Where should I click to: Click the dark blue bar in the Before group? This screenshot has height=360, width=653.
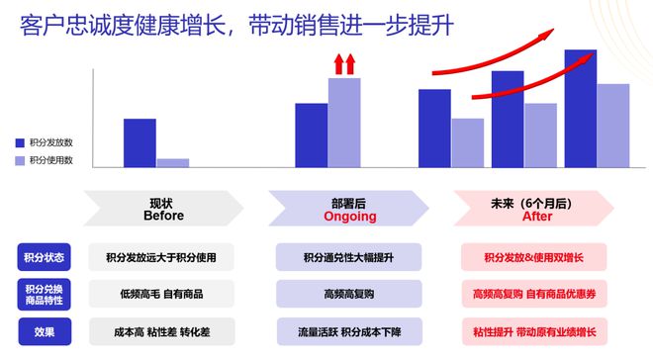(x=140, y=142)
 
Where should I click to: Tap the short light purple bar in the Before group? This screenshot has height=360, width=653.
(x=172, y=162)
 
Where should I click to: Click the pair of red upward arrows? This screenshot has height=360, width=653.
(x=343, y=65)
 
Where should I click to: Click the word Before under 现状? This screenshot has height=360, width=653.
(x=163, y=216)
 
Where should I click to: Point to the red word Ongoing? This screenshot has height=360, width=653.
(x=350, y=216)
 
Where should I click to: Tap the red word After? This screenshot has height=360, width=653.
(x=536, y=216)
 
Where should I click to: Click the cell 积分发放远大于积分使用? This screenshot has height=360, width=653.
(x=161, y=257)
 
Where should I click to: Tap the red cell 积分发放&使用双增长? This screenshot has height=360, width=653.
(x=535, y=257)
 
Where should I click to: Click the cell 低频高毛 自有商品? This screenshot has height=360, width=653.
(x=161, y=294)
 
